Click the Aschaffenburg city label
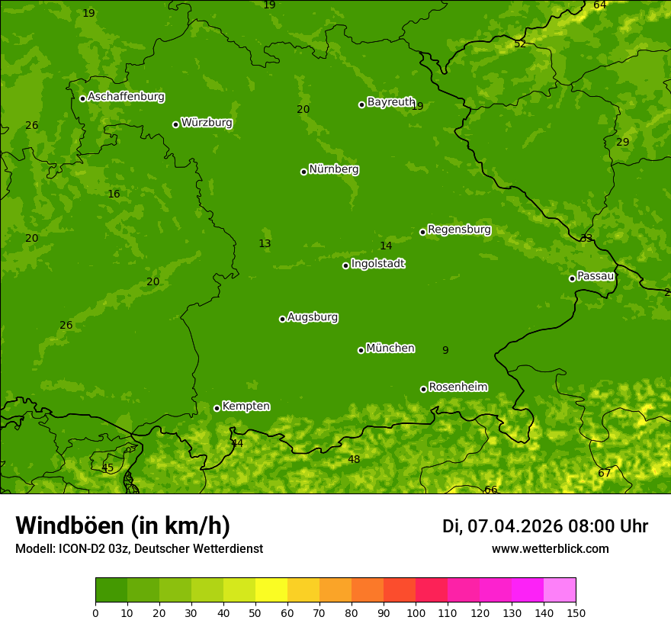[126, 97]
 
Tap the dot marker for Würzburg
[175, 124]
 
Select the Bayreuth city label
[390, 102]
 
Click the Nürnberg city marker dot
[303, 172]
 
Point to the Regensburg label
[459, 230]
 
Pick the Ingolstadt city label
[377, 264]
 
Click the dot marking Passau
[572, 278]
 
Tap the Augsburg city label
[313, 317]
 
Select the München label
[390, 349]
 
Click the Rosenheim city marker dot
[423, 389]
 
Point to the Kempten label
[246, 406]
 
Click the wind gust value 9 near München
[445, 351]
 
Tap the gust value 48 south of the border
[354, 460]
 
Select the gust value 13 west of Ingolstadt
[265, 244]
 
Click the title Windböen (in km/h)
[123, 525]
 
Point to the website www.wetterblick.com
[550, 549]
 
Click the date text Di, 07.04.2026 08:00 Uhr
[545, 526]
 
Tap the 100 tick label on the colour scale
[416, 613]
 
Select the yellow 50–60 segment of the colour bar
[271, 590]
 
